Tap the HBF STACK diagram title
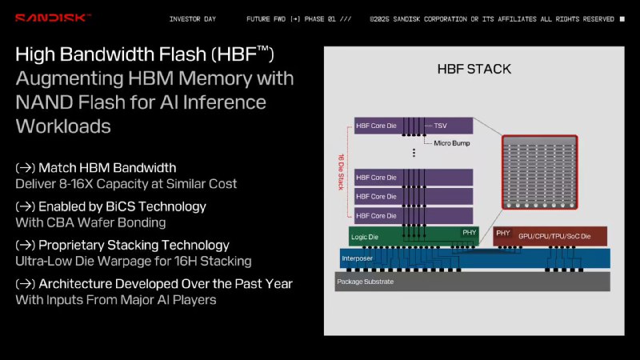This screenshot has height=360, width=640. pyautogui.click(x=474, y=69)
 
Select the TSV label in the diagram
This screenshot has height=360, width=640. pyautogui.click(x=440, y=126)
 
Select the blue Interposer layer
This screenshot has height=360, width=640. pyautogui.click(x=472, y=258)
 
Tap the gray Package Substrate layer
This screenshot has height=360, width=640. pyautogui.click(x=472, y=282)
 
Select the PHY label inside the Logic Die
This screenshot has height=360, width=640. pyautogui.click(x=469, y=233)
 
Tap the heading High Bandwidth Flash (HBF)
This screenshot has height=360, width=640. pyautogui.click(x=145, y=54)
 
